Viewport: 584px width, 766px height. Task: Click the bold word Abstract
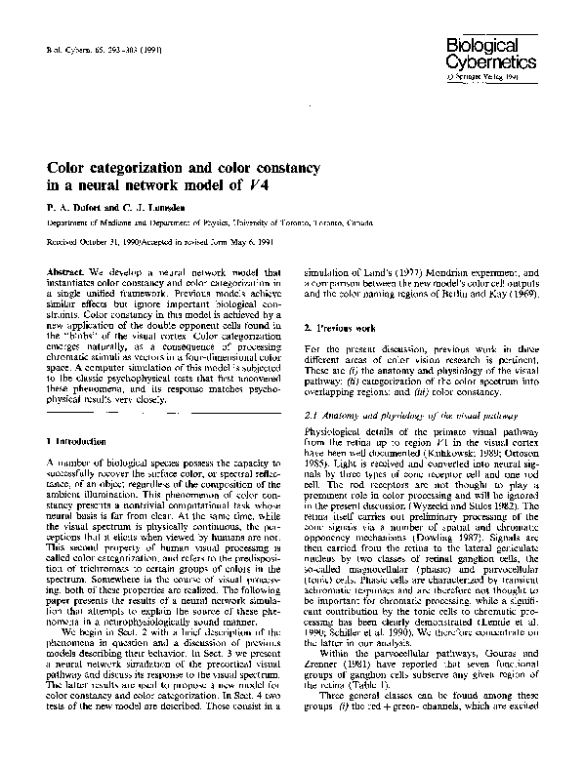click(63, 271)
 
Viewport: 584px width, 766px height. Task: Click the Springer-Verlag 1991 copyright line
click(489, 74)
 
